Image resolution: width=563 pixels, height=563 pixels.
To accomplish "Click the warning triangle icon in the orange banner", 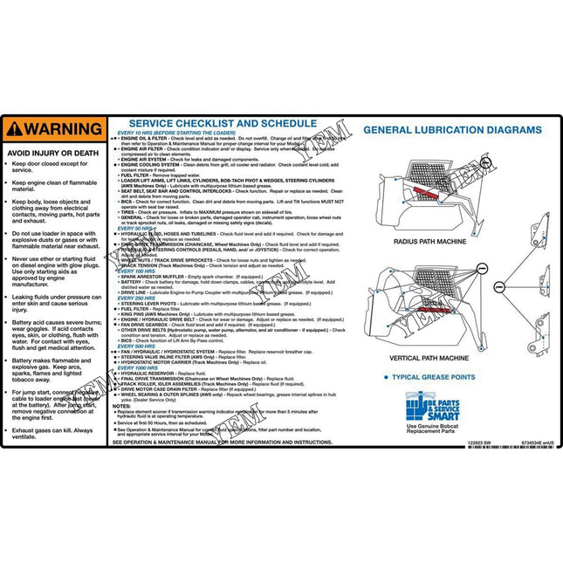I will [13, 129].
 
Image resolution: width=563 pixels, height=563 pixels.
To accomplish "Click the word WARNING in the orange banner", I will [62, 129].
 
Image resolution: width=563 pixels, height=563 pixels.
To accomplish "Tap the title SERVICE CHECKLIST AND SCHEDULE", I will [222, 123].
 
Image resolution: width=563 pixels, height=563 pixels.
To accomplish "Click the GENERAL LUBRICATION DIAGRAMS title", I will [452, 130].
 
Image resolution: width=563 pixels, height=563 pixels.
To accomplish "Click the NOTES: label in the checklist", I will [121, 406].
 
